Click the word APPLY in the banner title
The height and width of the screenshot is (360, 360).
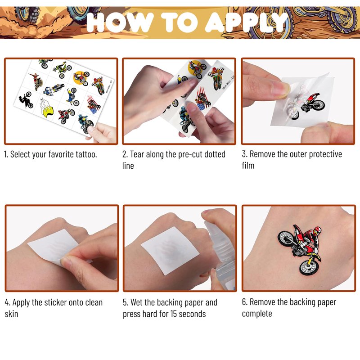[x=247, y=22]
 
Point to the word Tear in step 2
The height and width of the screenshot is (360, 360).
[x=137, y=154]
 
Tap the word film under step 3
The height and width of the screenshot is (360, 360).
[x=248, y=165]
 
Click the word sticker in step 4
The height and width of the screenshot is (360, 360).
[x=55, y=302]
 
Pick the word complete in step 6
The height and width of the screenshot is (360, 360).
[x=257, y=314]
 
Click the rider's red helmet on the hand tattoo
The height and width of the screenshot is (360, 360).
[x=317, y=230]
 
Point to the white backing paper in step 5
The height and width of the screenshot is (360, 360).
[x=170, y=251]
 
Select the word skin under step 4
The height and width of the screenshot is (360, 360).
[x=12, y=314]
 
